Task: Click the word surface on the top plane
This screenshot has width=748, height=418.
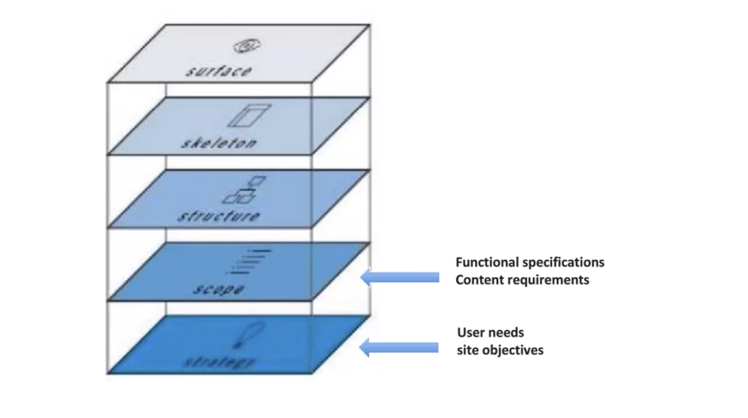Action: (218, 71)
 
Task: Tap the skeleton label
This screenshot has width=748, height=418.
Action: (218, 143)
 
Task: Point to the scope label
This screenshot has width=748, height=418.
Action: (218, 289)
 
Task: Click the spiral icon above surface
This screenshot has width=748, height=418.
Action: (246, 46)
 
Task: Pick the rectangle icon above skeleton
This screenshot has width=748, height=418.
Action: (248, 116)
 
